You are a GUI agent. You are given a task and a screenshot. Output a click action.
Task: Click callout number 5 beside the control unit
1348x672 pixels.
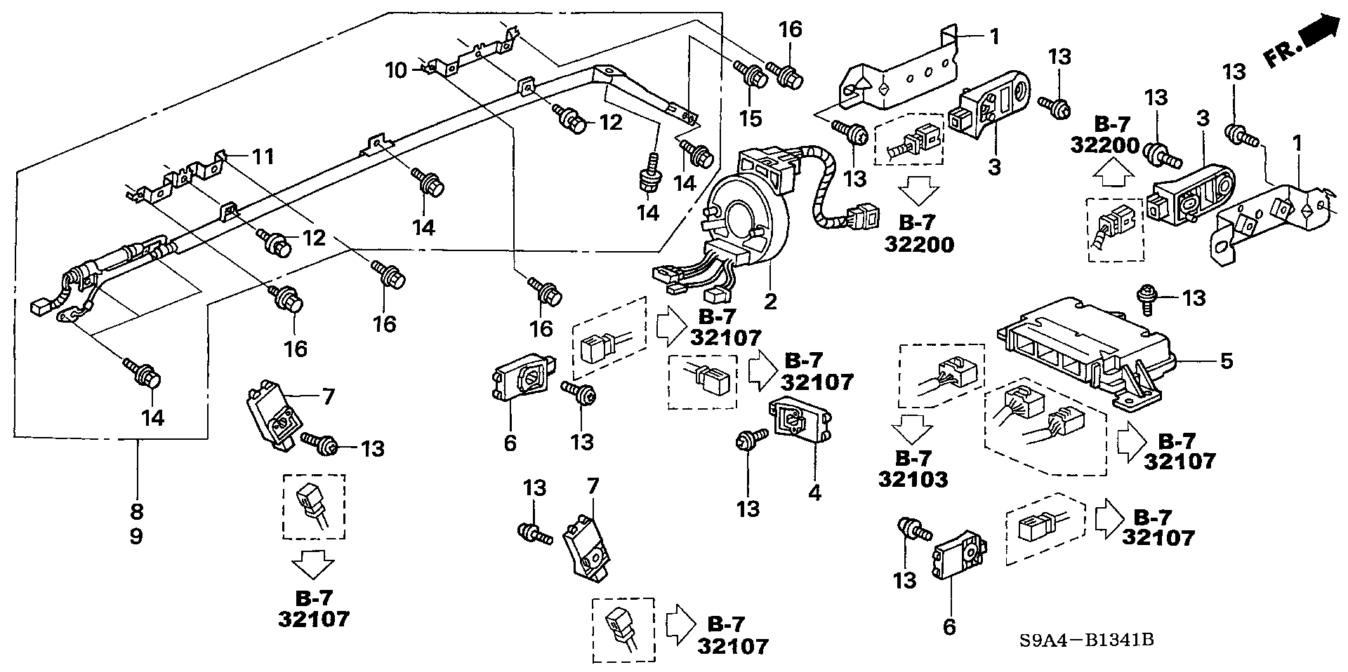tap(1225, 362)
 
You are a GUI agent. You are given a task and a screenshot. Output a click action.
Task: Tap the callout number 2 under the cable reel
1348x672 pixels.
tap(770, 302)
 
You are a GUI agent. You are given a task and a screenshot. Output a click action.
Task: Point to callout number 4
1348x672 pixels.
tap(814, 493)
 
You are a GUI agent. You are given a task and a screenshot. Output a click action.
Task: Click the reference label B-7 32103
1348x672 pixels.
tap(913, 469)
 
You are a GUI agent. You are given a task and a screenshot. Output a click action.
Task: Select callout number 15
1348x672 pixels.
tap(751, 119)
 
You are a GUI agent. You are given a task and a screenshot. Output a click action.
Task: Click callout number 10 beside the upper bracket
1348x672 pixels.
tap(396, 70)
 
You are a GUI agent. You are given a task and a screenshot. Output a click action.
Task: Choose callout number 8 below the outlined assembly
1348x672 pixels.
tap(136, 510)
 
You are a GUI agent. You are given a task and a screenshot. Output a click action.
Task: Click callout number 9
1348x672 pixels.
tap(136, 537)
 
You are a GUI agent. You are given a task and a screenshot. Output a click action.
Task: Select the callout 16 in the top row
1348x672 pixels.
tap(790, 29)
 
